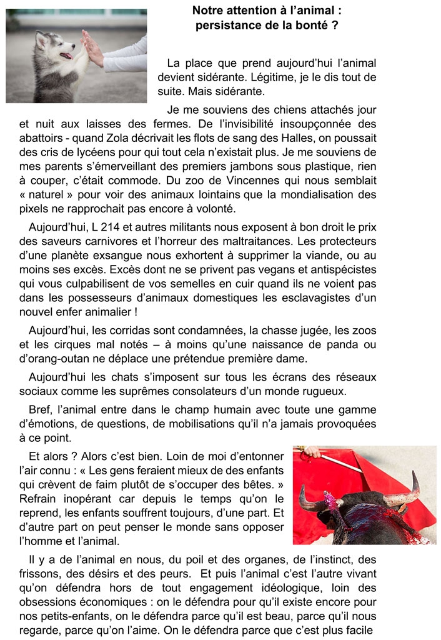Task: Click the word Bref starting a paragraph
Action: point(41,410)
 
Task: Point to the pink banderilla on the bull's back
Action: point(330,500)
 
